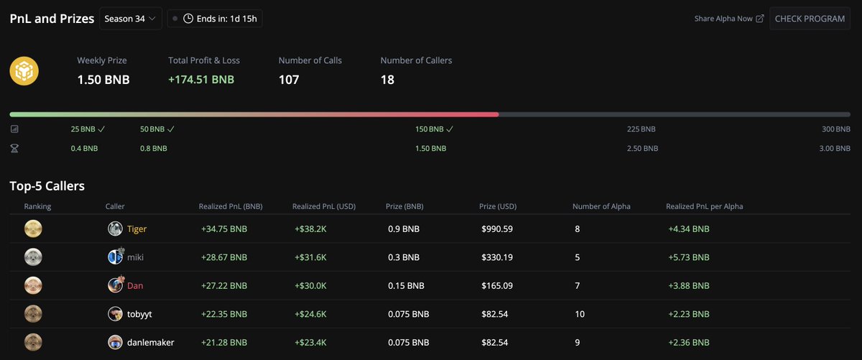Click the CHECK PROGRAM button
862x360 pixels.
[810, 19]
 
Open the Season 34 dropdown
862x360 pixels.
[131, 19]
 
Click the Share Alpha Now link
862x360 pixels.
[728, 19]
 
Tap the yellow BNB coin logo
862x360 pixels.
[24, 72]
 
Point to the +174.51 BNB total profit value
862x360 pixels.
[201, 79]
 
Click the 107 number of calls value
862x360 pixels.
[289, 79]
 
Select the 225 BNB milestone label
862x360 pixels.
[641, 129]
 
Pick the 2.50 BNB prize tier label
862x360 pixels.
[642, 148]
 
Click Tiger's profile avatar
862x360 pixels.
[115, 229]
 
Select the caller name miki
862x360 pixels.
[135, 257]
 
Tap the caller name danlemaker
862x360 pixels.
[150, 342]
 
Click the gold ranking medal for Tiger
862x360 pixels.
[33, 229]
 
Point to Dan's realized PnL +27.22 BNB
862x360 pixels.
[224, 285]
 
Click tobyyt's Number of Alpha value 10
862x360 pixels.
[580, 314]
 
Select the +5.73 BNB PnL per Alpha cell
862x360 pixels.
[688, 257]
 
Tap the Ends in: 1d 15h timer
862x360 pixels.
[215, 19]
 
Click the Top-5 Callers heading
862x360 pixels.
[47, 186]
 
